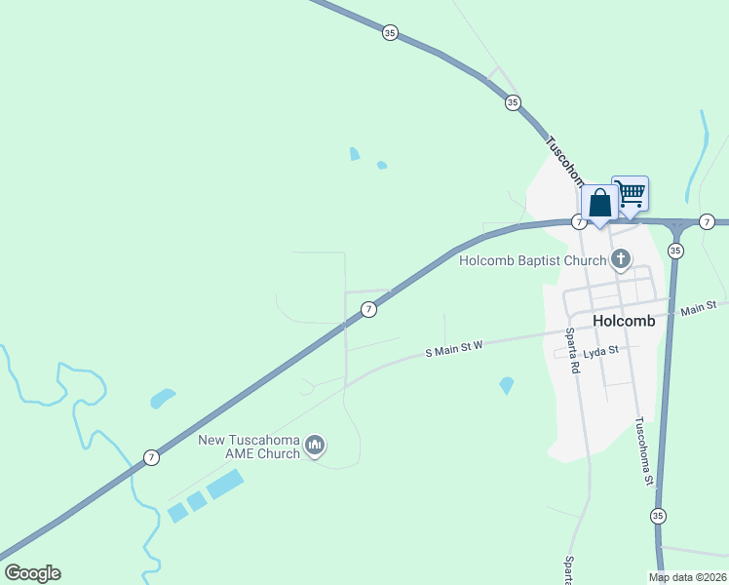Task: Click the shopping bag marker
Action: pyautogui.click(x=599, y=204)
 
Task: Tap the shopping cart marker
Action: pyautogui.click(x=631, y=194)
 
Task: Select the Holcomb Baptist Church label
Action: pyautogui.click(x=533, y=260)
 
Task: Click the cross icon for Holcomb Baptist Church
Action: pyautogui.click(x=619, y=259)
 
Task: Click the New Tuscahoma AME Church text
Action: pyautogui.click(x=249, y=447)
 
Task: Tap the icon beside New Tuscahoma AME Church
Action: pyautogui.click(x=314, y=447)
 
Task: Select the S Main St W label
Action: pyautogui.click(x=453, y=350)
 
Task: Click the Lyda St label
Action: pyautogui.click(x=600, y=349)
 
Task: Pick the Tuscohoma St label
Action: pyautogui.click(x=644, y=451)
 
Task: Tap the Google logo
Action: pyautogui.click(x=32, y=573)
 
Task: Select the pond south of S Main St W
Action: pyautogui.click(x=506, y=385)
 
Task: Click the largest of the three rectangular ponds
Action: pyautogui.click(x=225, y=484)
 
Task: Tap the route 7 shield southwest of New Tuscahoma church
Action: pyautogui.click(x=151, y=456)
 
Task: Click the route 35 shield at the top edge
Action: pyautogui.click(x=390, y=32)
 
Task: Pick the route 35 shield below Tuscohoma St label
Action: pyautogui.click(x=658, y=515)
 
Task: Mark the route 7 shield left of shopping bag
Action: pyautogui.click(x=578, y=222)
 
